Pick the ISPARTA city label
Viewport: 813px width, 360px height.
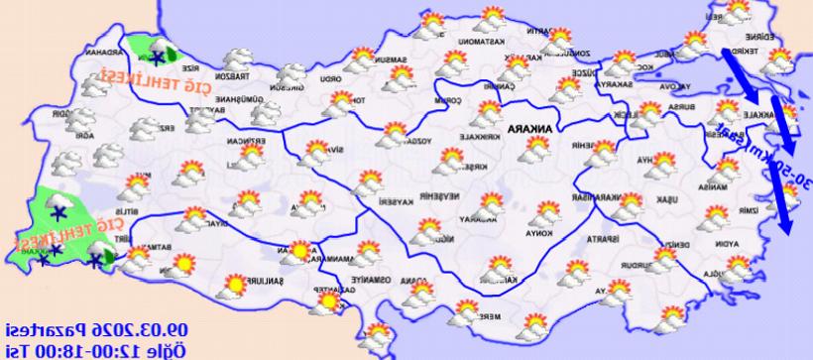coord(600,240)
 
